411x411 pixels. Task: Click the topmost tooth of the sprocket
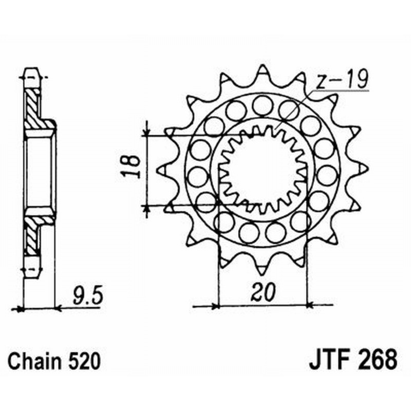pos(263,70)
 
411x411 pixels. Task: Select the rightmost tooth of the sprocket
pos(363,169)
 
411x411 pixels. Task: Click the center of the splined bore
pos(263,170)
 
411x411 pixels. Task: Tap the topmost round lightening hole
pos(263,105)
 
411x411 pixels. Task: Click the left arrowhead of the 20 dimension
pos(213,306)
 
